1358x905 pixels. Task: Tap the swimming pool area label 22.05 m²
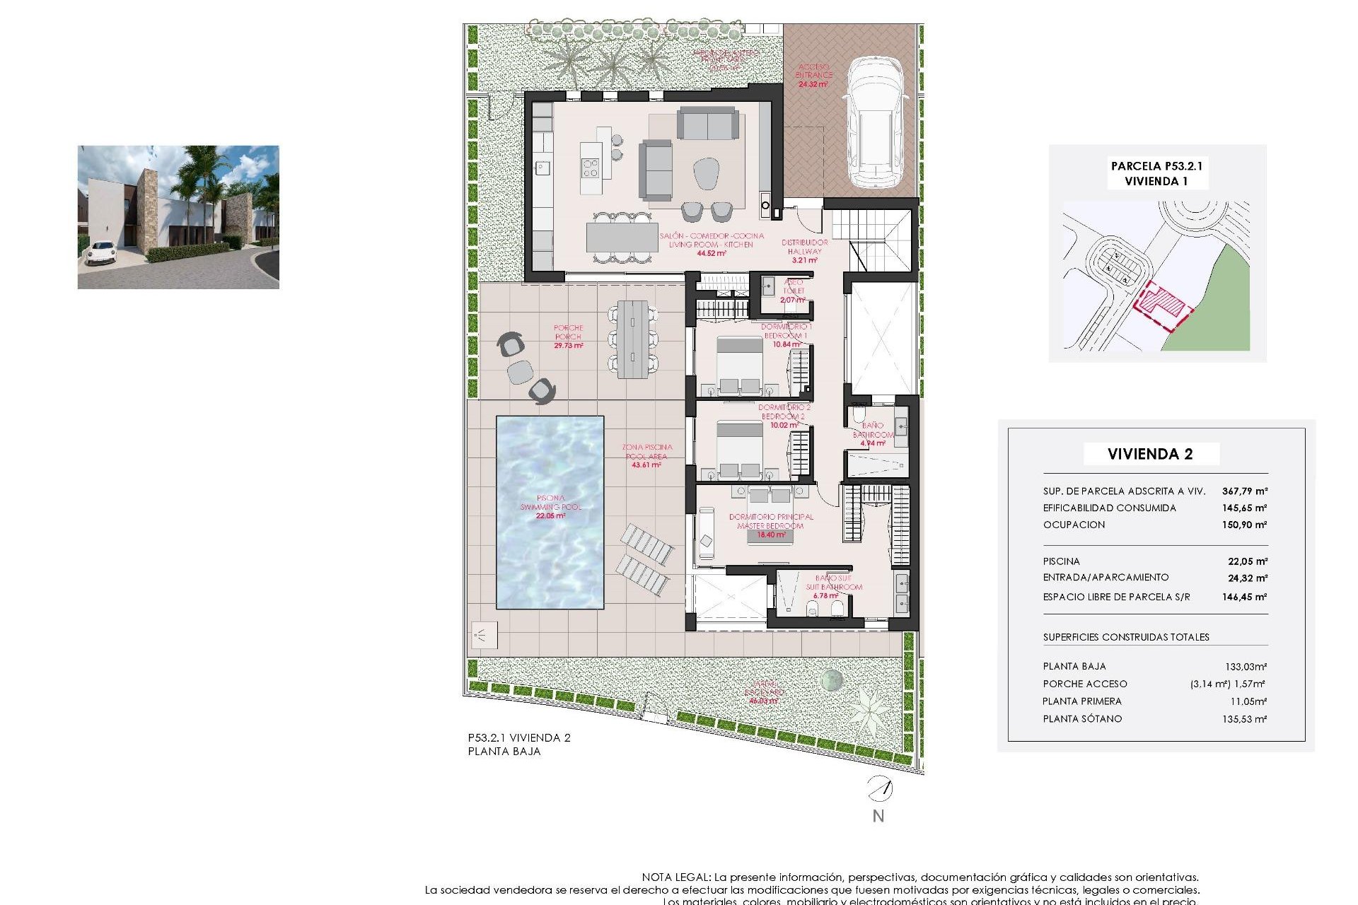(x=550, y=516)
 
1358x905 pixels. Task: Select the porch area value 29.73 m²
(x=569, y=346)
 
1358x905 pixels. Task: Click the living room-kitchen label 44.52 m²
(x=711, y=253)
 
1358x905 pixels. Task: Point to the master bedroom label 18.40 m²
(x=771, y=535)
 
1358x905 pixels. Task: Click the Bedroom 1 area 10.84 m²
(x=787, y=344)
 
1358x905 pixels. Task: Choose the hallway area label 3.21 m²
(x=804, y=260)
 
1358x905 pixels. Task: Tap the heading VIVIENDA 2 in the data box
(x=1150, y=454)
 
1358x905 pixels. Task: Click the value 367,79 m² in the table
(x=1244, y=491)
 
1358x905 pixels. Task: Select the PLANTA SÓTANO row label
(x=1082, y=719)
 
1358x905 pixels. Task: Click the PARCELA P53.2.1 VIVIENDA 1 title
(x=1156, y=173)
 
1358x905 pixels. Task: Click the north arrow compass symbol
(x=880, y=788)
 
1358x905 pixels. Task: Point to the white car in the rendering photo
(x=100, y=252)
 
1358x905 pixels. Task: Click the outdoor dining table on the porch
(x=632, y=339)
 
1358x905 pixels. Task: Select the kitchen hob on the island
(x=590, y=168)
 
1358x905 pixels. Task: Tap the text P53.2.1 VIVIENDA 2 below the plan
(x=518, y=737)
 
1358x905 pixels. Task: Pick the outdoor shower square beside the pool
(x=484, y=634)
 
